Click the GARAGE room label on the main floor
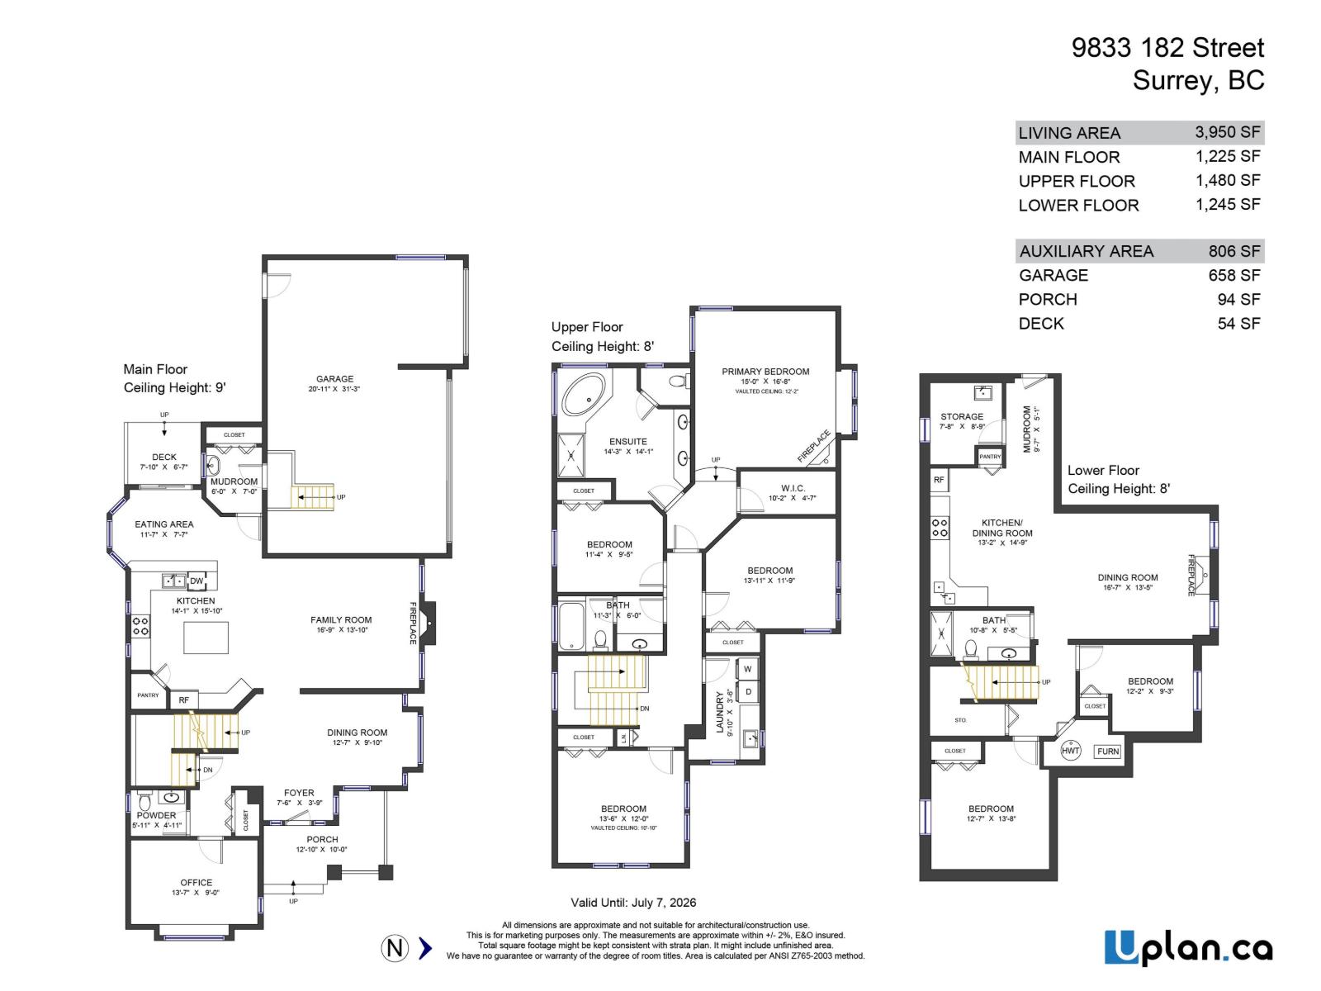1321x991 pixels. coord(334,379)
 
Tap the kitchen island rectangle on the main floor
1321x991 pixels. coord(205,638)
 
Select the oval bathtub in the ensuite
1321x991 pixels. coord(583,394)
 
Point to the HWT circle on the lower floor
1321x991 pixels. coord(1070,751)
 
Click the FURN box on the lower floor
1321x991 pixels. coord(1108,751)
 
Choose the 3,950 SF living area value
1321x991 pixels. coord(1227,132)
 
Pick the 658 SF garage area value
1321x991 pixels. coord(1233,275)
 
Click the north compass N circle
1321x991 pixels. coord(395,948)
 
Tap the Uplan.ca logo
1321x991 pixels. coord(1188,947)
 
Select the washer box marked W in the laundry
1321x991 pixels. coord(747,669)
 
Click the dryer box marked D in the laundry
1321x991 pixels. coord(748,691)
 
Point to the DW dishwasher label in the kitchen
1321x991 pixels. coord(196,581)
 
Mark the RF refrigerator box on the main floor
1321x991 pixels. coord(183,700)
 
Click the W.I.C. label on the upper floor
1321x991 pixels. coord(792,488)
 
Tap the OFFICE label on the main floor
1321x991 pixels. coord(196,882)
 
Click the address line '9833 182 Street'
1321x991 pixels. coord(1167,48)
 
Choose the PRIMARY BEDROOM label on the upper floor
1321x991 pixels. coord(765,372)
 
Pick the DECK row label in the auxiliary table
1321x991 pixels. coord(1041,324)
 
